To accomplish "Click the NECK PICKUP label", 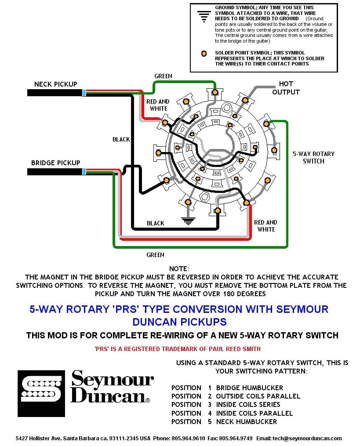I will point(55,84).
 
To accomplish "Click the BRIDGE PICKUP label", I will point(55,163).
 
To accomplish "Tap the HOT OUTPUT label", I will point(286,88).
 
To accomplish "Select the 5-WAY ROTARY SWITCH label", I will point(313,157).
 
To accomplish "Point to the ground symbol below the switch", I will point(188,221).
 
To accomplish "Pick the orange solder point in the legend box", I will point(203,54).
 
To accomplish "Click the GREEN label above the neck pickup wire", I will point(163,76).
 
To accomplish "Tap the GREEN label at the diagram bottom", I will point(155,255).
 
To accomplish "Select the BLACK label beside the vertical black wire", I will point(121,139).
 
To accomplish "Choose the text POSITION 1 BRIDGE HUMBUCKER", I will point(227,388).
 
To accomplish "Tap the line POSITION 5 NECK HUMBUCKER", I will point(224,422).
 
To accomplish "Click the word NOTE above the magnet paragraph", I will point(179,268).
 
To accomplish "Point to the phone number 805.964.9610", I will point(192,439).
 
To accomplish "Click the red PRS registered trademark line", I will point(177,349).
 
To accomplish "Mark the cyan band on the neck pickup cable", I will point(84,93).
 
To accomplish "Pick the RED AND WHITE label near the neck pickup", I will point(158,105).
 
